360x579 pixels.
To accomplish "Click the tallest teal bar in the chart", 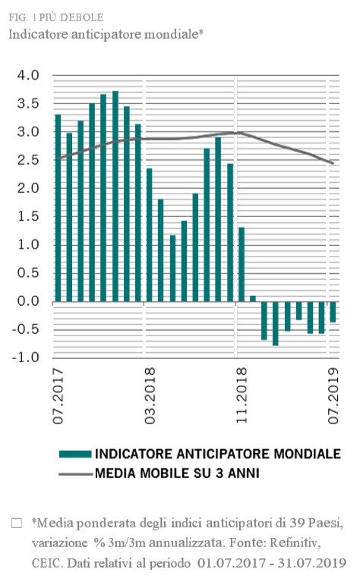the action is tap(115, 196).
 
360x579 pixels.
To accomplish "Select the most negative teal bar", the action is tap(276, 323).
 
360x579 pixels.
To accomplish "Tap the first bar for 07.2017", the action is tap(58, 208).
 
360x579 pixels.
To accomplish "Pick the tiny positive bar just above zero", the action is tap(253, 298).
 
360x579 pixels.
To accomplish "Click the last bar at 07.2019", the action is tap(333, 312).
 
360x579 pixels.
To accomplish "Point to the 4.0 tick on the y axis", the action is tap(28, 75).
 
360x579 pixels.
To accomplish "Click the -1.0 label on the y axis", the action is tap(26, 357).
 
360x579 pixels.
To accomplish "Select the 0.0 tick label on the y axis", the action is tap(28, 301).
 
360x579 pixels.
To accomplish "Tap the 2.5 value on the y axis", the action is tap(28, 160).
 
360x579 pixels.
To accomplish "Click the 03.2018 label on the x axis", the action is tap(150, 395).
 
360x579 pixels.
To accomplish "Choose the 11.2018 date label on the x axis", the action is tap(242, 395).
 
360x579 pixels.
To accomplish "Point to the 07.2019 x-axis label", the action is tap(333, 395).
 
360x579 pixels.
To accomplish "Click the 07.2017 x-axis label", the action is tap(58, 395).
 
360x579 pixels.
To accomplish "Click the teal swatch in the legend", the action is tap(75, 455).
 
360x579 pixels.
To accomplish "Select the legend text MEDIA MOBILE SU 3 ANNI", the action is tap(177, 473).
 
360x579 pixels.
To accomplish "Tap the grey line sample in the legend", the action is tap(75, 474).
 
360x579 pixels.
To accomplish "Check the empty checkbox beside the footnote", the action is tap(17, 524).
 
